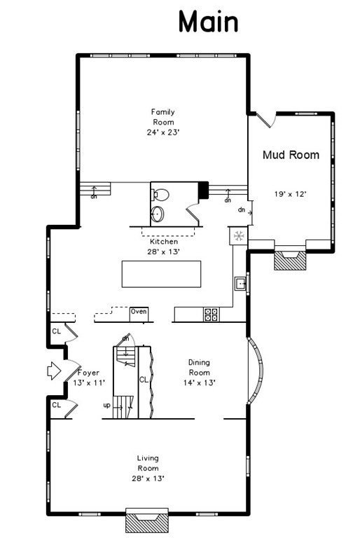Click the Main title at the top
(x=208, y=22)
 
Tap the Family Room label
(x=163, y=117)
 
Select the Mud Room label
(x=291, y=155)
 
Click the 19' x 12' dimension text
(x=290, y=194)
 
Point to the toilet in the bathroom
(x=160, y=195)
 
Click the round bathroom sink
(x=158, y=214)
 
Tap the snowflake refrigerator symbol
(x=239, y=236)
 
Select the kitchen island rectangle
(x=161, y=274)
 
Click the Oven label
(x=139, y=311)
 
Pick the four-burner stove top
(x=211, y=315)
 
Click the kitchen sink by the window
(x=241, y=284)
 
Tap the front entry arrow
(x=54, y=371)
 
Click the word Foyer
(x=88, y=373)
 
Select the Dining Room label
(x=199, y=367)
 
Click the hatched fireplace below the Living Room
(x=148, y=522)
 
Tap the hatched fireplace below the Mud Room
(x=290, y=261)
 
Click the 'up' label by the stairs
(x=106, y=405)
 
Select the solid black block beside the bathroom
(x=204, y=190)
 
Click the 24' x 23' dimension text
(x=163, y=132)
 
